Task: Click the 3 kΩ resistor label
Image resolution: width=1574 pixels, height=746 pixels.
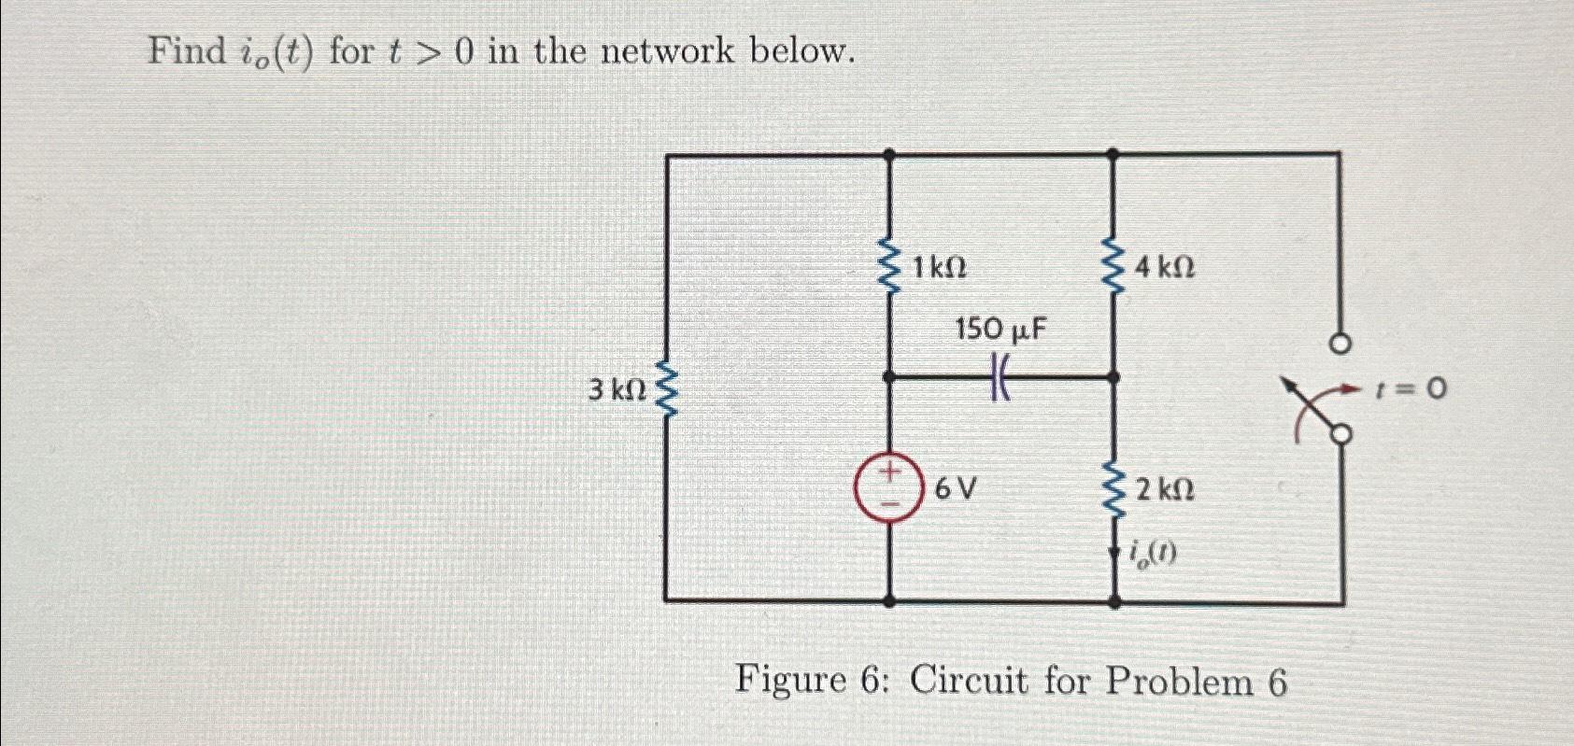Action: pyautogui.click(x=617, y=390)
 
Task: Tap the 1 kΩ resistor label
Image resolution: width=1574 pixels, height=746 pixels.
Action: pyautogui.click(x=939, y=269)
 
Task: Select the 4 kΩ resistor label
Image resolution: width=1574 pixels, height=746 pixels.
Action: pyautogui.click(x=1165, y=269)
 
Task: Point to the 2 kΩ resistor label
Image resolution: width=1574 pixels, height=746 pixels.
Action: pyautogui.click(x=1165, y=489)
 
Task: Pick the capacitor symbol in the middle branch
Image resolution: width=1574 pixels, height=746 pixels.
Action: pyautogui.click(x=1000, y=379)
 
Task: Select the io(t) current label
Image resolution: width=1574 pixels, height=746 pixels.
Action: pyautogui.click(x=1153, y=554)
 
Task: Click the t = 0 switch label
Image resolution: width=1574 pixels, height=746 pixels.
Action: pyautogui.click(x=1411, y=387)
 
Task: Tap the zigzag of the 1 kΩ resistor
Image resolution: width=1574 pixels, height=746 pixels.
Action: pyautogui.click(x=888, y=267)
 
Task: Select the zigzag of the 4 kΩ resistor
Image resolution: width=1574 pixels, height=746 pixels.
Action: pyautogui.click(x=1113, y=267)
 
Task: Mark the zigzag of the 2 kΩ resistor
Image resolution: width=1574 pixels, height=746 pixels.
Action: pyautogui.click(x=1113, y=489)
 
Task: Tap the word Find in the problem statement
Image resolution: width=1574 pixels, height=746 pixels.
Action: pyautogui.click(x=184, y=50)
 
